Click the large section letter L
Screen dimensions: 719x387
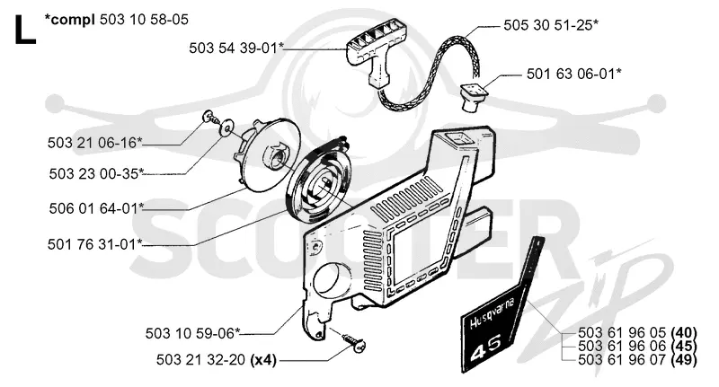(x=25, y=30)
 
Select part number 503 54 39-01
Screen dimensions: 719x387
(x=236, y=48)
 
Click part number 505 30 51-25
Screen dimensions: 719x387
(x=551, y=25)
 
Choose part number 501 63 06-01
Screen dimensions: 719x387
(x=573, y=74)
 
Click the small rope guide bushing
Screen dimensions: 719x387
(x=474, y=97)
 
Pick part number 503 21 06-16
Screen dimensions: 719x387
(x=94, y=143)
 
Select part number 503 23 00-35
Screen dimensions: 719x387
(x=96, y=173)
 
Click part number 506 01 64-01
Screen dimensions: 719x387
(x=96, y=208)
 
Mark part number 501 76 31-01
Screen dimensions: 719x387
(x=95, y=243)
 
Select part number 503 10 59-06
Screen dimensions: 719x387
(x=192, y=333)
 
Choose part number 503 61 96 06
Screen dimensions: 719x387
(x=622, y=347)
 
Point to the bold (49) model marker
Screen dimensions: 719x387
(x=684, y=360)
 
